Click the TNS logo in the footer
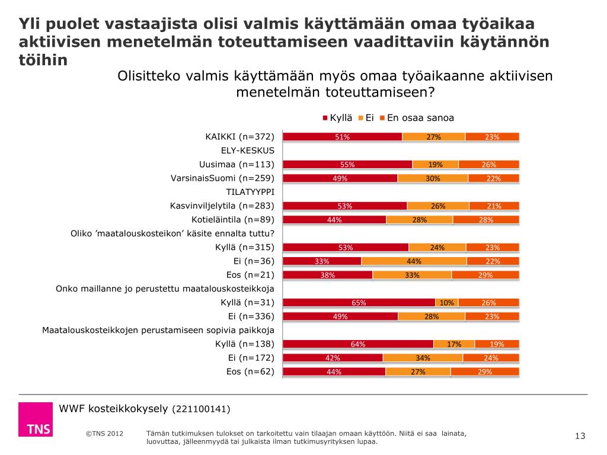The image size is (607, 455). pos(35,420)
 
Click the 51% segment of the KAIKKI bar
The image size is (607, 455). pos(342,137)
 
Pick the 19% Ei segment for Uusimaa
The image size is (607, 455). pos(436,165)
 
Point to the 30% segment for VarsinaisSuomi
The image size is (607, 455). pos(433,178)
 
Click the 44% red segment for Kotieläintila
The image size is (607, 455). pos(334,220)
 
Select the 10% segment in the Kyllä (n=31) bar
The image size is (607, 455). pos(447,303)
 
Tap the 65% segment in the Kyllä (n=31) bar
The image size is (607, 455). pos(359,303)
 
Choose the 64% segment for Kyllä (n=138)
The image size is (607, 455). pos(358,344)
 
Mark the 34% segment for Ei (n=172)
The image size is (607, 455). pos(423,358)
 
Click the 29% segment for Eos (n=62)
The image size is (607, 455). pos(485,372)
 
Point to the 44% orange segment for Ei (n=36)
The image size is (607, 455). pos(414,261)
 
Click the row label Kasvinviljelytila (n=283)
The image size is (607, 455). pos(222,206)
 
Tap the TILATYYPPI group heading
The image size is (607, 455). pos(250,192)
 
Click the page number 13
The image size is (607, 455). pos(580,437)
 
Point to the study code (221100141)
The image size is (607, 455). pos(201,409)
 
